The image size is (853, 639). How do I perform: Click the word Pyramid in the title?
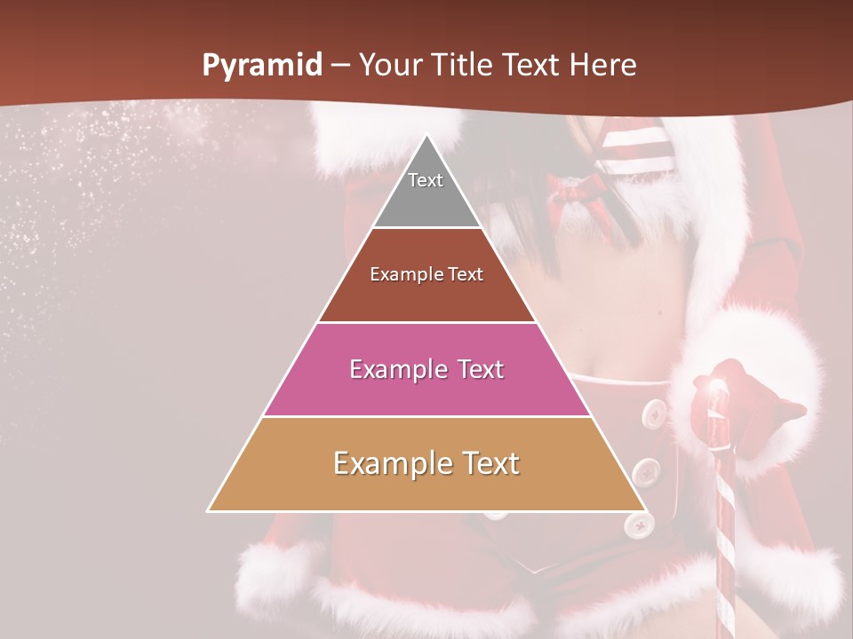[x=262, y=66]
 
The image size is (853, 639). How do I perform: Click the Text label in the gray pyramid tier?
[x=426, y=180]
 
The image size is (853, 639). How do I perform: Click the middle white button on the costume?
[x=646, y=470]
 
